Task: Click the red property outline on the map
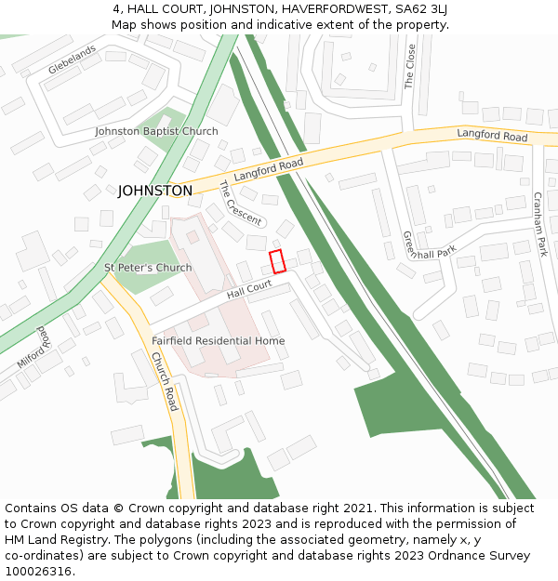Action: (276, 261)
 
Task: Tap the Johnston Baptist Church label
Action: (156, 131)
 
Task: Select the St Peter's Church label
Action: (148, 268)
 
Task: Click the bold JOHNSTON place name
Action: (155, 191)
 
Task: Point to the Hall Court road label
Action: (248, 292)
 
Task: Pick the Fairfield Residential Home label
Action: (219, 341)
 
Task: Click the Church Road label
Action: (164, 381)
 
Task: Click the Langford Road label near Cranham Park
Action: (492, 137)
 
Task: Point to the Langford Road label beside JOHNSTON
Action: (269, 169)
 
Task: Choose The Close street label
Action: (410, 66)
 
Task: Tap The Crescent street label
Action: (240, 203)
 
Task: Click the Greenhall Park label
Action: (429, 245)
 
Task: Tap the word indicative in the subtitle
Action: (273, 24)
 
